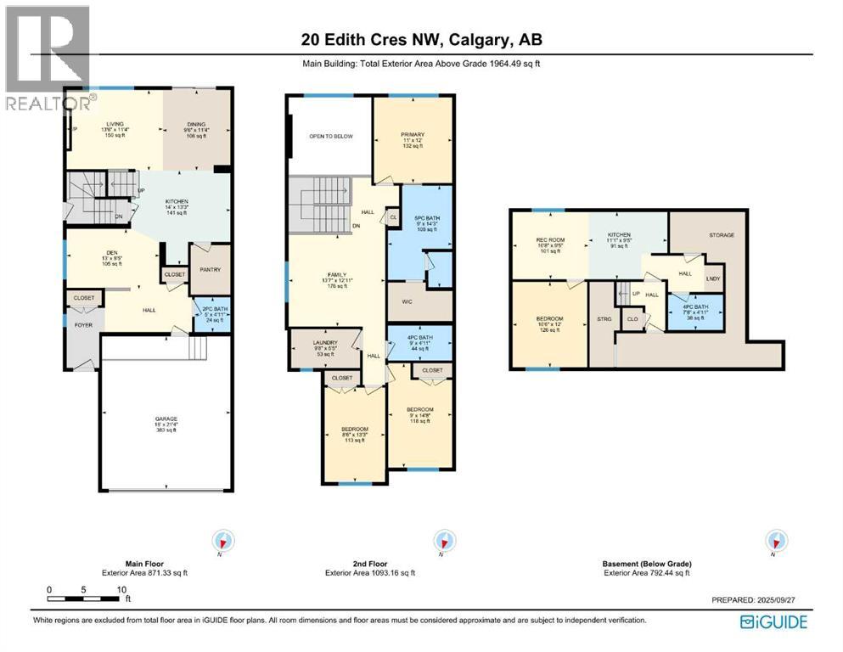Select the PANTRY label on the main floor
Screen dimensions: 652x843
coord(211,270)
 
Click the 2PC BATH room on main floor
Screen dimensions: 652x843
coord(211,313)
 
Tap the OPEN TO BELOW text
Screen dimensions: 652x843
coord(330,136)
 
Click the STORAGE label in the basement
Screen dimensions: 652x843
coord(722,235)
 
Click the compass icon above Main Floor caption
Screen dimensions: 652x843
coord(224,541)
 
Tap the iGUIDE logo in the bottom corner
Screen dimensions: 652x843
coord(773,621)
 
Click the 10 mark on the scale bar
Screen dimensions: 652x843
coord(121,589)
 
